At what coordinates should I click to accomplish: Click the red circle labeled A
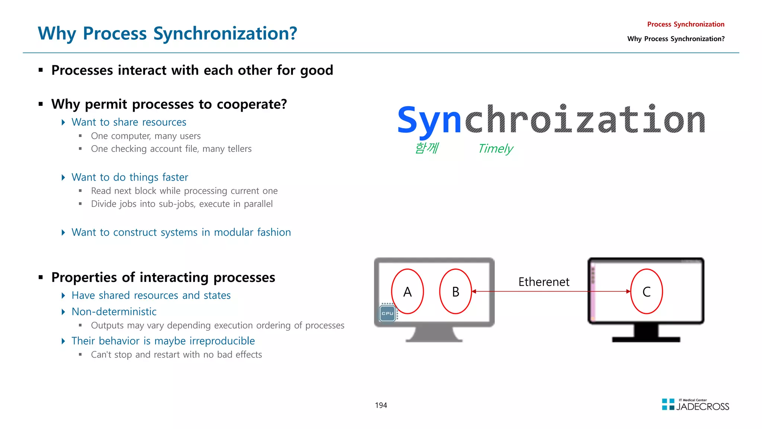[x=407, y=292]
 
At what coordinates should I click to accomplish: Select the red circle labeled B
[x=455, y=292]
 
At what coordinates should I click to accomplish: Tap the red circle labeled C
[x=647, y=292]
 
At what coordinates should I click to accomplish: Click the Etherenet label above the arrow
[x=544, y=282]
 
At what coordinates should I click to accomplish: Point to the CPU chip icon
[x=387, y=313]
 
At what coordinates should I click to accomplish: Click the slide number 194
[x=381, y=405]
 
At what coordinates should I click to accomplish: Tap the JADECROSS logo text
[x=702, y=407]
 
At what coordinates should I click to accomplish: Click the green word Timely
[x=496, y=149]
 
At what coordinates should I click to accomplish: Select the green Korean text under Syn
[x=427, y=148]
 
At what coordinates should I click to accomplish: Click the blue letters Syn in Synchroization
[x=429, y=120]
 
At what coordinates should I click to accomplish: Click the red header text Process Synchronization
[x=685, y=24]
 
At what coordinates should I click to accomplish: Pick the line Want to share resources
[x=129, y=122]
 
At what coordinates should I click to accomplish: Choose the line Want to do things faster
[x=129, y=177]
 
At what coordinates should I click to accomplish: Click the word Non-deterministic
[x=114, y=312]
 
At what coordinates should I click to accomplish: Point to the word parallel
[x=258, y=204]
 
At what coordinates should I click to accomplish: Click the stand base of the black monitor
[x=646, y=339]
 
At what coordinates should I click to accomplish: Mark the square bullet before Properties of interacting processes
[x=41, y=277]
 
